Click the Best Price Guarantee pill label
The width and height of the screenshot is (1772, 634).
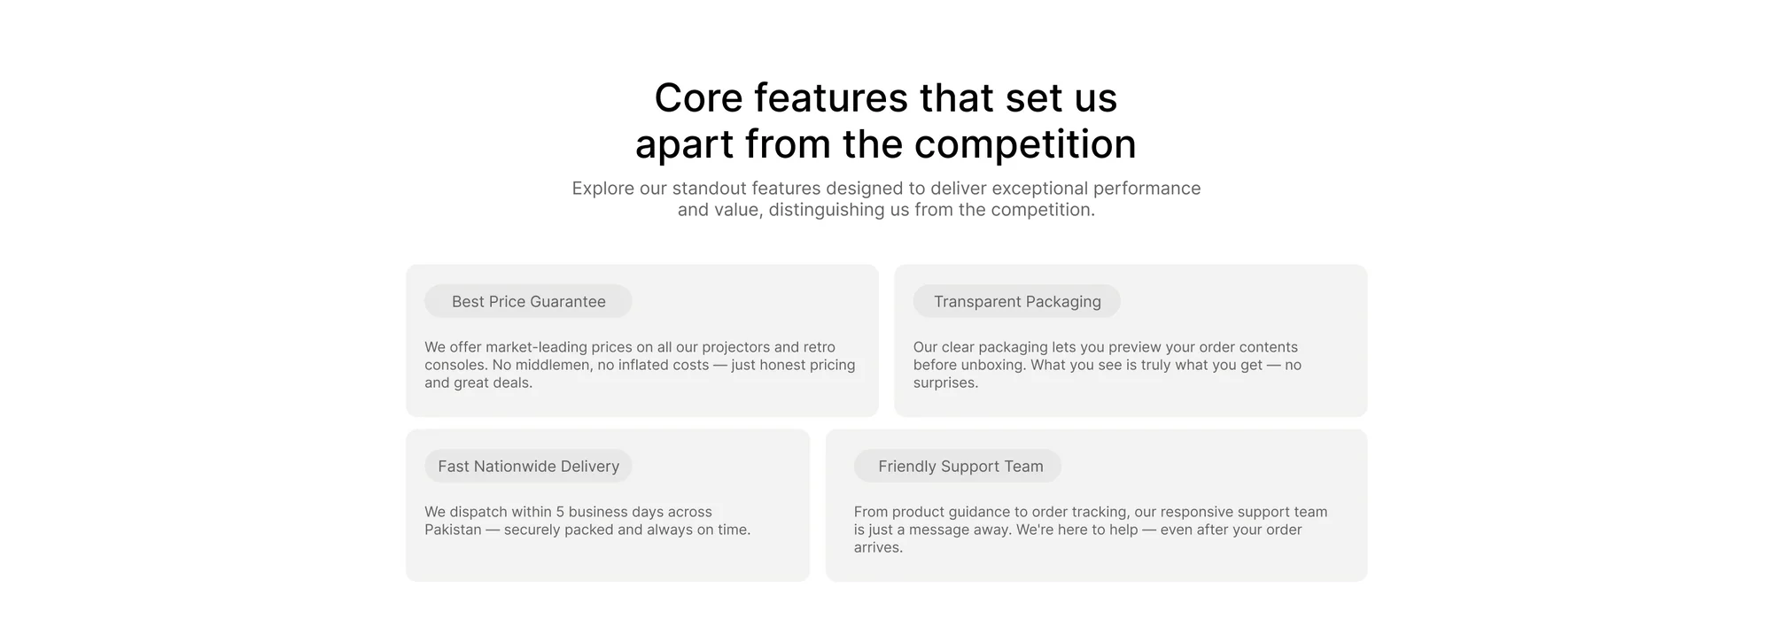(x=528, y=301)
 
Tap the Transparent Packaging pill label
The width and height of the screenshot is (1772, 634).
(x=1017, y=301)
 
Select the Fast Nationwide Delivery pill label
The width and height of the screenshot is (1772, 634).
(x=528, y=466)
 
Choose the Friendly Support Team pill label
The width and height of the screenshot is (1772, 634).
(x=958, y=466)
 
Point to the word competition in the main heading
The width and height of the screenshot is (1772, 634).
(x=1025, y=144)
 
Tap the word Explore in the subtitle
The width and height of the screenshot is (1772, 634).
(x=602, y=189)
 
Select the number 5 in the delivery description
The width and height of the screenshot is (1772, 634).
(x=560, y=512)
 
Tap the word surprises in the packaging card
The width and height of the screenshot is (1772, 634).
(x=945, y=383)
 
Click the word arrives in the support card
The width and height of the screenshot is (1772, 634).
(x=878, y=547)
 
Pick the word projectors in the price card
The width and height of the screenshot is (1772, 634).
(x=735, y=347)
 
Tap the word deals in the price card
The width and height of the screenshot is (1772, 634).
(x=513, y=383)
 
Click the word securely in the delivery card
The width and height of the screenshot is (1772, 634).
(x=532, y=530)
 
